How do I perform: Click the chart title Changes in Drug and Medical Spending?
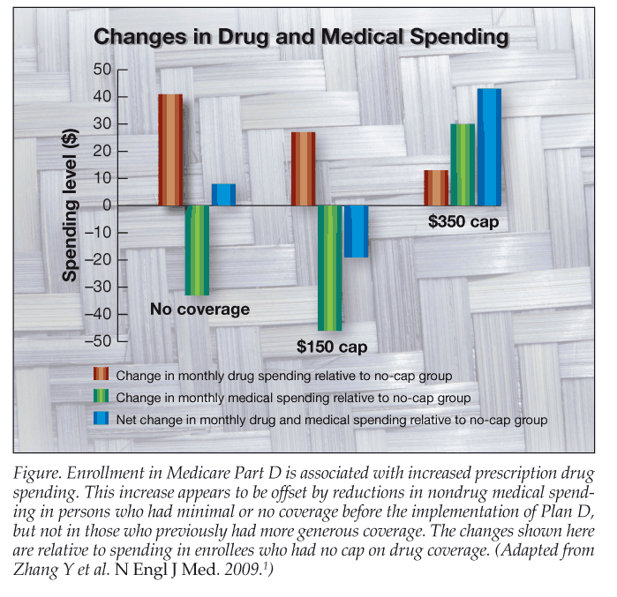click(x=301, y=37)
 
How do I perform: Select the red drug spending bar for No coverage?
click(x=170, y=149)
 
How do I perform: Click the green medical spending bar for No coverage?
click(x=197, y=250)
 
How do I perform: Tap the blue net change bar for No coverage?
click(x=223, y=194)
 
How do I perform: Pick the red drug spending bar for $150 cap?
click(x=303, y=168)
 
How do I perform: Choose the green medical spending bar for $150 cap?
click(x=329, y=267)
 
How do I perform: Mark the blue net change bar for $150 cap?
click(x=356, y=231)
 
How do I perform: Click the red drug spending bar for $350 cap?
click(x=436, y=187)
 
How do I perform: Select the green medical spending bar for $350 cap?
click(x=463, y=164)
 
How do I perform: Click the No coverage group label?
click(x=199, y=310)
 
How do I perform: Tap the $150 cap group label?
click(x=332, y=347)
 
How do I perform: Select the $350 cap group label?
click(x=463, y=222)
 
